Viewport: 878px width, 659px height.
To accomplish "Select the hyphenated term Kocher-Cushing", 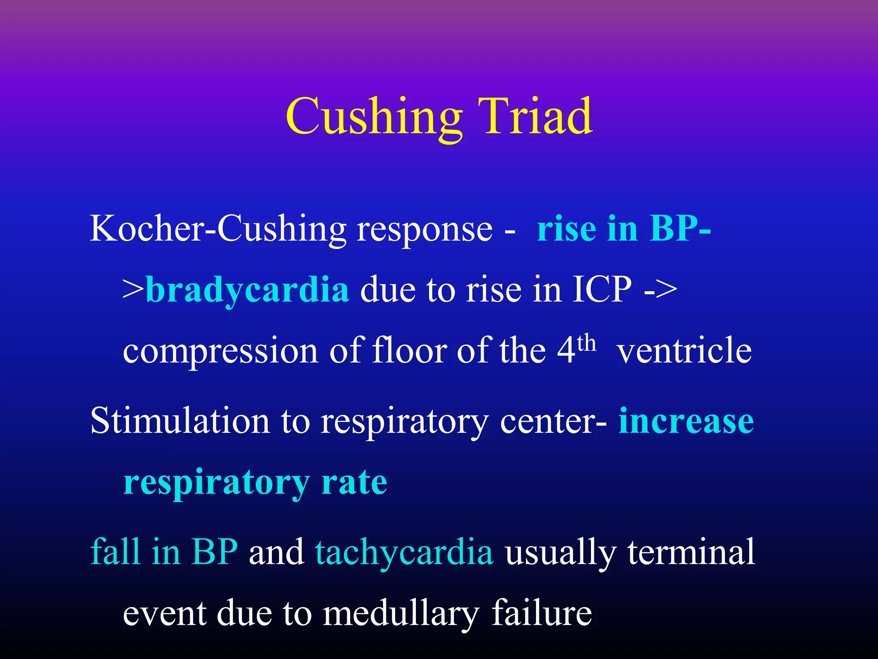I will pos(218,229).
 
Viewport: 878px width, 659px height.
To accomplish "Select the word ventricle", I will pos(684,351).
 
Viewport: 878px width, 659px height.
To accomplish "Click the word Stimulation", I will pos(180,420).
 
